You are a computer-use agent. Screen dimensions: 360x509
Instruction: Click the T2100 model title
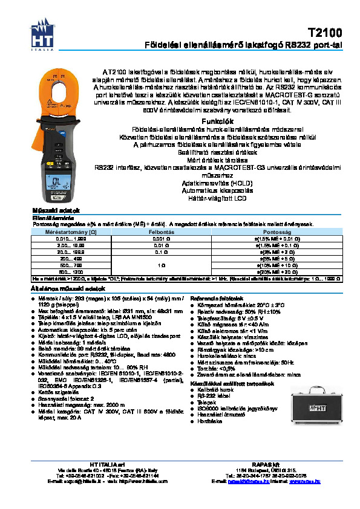(325, 33)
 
